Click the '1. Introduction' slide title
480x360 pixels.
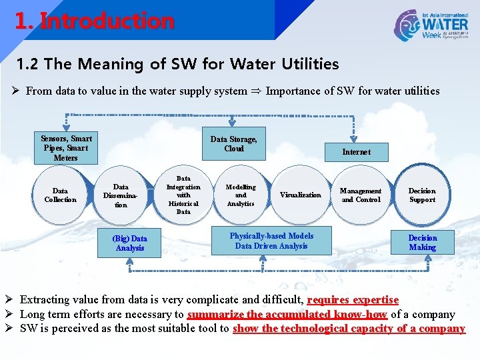coord(95,21)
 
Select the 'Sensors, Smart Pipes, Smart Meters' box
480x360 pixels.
coord(66,148)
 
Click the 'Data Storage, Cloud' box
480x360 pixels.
coord(233,144)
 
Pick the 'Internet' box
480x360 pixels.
coord(356,152)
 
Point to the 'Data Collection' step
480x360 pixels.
coord(60,195)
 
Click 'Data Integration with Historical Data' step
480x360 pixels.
coord(183,195)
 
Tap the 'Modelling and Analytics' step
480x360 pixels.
coord(241,195)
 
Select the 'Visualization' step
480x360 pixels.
coord(300,195)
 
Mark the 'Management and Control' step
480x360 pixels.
coord(361,195)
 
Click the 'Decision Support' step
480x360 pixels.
coord(422,195)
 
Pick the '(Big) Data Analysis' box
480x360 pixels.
coord(130,243)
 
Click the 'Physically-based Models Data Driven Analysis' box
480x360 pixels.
coord(271,241)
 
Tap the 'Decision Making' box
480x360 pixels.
coord(422,243)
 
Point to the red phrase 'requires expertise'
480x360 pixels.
coord(353,301)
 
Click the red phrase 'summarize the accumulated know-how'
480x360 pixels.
coord(287,315)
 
